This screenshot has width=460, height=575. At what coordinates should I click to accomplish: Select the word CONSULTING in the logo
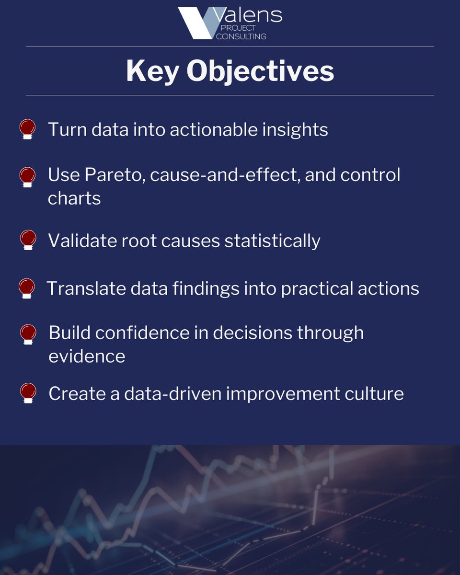point(242,36)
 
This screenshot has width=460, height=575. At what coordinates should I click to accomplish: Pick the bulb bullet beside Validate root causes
point(28,240)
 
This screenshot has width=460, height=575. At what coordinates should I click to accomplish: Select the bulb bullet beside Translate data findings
point(27,288)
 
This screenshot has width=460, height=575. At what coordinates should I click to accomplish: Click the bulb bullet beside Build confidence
point(28,334)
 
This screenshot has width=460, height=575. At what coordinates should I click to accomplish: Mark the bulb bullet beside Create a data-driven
point(28,393)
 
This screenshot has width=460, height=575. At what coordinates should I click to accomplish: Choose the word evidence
point(87,356)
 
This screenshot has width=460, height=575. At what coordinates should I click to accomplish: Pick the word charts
point(74,198)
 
